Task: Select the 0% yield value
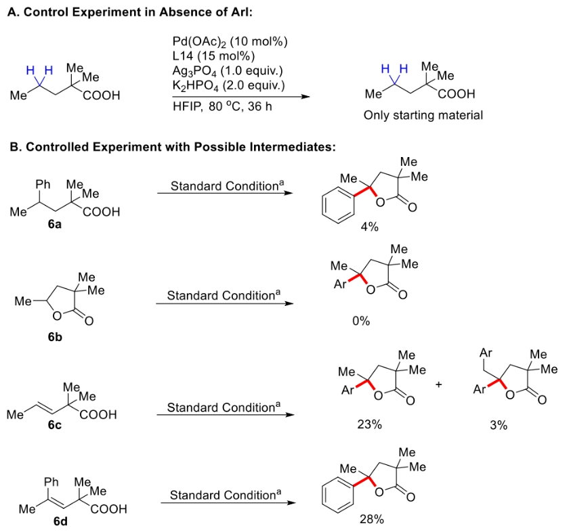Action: [361, 322]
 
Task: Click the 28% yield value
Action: [372, 520]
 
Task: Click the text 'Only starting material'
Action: [423, 115]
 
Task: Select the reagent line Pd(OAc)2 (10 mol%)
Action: [230, 42]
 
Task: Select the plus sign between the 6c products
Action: [438, 384]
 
